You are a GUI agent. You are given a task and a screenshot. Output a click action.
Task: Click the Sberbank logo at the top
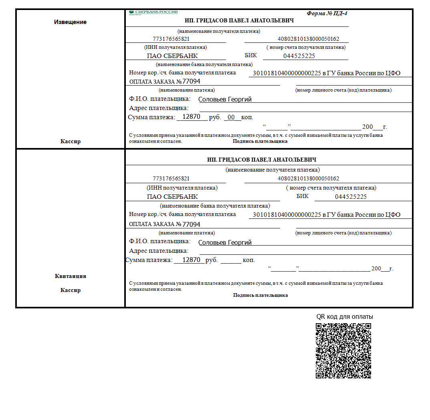point(153,12)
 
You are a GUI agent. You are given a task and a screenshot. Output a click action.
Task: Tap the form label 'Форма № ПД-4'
point(327,13)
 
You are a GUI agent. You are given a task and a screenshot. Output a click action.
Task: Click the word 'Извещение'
point(70,22)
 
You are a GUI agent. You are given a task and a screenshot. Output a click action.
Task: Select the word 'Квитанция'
point(70,276)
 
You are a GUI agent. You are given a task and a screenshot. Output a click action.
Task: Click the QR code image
point(343,350)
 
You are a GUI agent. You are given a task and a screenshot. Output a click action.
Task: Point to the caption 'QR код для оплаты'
point(345,317)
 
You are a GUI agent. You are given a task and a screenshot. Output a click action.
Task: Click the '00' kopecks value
point(231,117)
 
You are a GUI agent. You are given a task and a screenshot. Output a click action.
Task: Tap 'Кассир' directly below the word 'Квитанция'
point(70,290)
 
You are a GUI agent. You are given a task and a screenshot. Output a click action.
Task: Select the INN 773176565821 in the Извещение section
point(171,39)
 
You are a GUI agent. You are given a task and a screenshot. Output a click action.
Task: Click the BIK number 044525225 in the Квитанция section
point(351,197)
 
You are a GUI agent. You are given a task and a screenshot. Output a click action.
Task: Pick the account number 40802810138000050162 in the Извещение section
point(308,39)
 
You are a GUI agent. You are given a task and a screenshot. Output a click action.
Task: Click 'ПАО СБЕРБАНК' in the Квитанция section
point(172,197)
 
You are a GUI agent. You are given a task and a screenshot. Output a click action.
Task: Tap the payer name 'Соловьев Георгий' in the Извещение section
point(225,100)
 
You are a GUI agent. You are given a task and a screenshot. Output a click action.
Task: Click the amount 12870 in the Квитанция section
point(191,260)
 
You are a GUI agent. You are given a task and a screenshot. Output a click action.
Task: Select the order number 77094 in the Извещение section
point(191,82)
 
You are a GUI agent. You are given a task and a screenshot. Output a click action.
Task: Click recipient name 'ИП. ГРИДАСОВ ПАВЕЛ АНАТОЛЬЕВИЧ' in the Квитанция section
point(262,160)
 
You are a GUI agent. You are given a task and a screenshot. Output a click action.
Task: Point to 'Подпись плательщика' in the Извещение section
point(260,141)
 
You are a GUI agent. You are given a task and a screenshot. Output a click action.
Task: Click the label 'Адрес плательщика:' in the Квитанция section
point(159,251)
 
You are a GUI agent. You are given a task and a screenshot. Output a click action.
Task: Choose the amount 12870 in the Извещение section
point(191,117)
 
